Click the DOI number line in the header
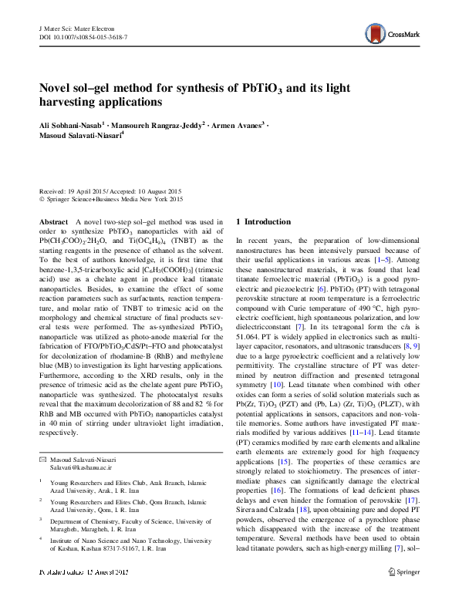click(x=76, y=36)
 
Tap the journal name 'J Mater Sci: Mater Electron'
click(x=70, y=28)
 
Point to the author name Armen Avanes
click(x=236, y=123)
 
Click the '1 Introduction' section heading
click(x=263, y=221)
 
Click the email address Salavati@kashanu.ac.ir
click(x=81, y=446)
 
